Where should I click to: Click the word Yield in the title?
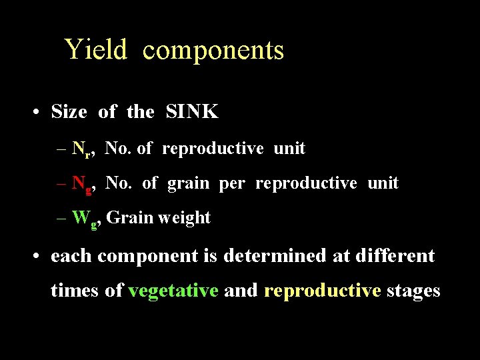coord(95,50)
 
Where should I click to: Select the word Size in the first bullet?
coord(69,112)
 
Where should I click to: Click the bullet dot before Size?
coord(34,113)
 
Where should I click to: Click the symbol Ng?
coord(83,184)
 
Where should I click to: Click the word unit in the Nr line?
coord(289,149)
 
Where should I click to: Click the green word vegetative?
coord(173,291)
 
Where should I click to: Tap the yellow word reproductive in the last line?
coord(323,291)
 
